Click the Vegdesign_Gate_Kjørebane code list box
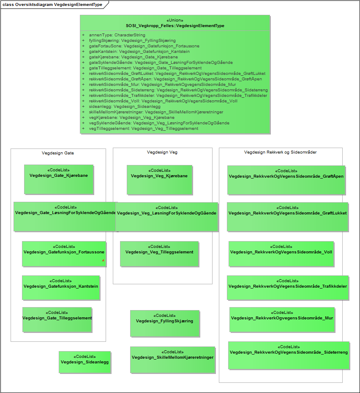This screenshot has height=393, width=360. (x=58, y=179)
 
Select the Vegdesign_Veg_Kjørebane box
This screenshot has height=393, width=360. (x=159, y=179)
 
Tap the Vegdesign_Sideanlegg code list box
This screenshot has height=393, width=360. (x=85, y=362)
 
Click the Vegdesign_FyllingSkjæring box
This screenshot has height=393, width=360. (x=164, y=323)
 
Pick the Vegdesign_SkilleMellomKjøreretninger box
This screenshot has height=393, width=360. (x=172, y=360)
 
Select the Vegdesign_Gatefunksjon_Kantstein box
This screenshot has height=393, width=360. (x=61, y=288)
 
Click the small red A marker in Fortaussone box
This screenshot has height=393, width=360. (x=103, y=261)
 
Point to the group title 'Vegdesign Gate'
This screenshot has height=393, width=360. (x=58, y=153)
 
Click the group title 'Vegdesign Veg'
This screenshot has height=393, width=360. (x=162, y=152)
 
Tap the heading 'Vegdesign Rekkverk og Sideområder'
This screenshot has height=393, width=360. (x=280, y=152)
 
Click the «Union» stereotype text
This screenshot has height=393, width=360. (x=175, y=20)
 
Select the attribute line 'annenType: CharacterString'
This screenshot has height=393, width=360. (x=117, y=35)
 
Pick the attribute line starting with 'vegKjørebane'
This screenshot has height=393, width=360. (x=131, y=117)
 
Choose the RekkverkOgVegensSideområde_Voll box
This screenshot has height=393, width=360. (x=281, y=253)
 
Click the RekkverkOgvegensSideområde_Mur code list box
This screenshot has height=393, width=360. (x=282, y=319)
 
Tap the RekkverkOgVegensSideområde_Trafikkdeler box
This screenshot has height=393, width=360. (x=287, y=288)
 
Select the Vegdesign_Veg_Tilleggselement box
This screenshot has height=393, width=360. (x=159, y=254)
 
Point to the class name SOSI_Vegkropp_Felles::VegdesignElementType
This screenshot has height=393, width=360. (x=175, y=26)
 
